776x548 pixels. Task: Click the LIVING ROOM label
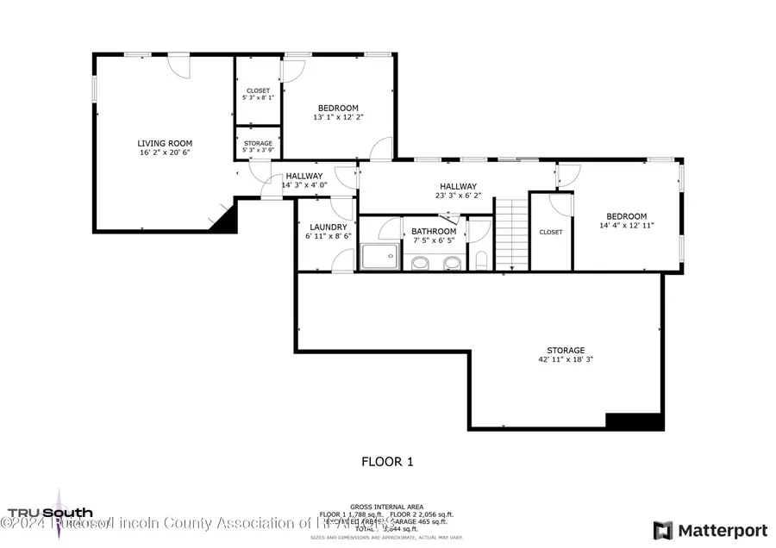pos(165,143)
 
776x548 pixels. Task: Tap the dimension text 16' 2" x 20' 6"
pos(165,153)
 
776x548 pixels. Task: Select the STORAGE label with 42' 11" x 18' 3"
pos(566,351)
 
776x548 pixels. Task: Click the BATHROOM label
pos(433,231)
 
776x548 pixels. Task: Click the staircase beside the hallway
pos(511,234)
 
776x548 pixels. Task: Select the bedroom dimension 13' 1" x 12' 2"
pos(338,117)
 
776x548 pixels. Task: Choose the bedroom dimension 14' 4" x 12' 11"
pos(626,226)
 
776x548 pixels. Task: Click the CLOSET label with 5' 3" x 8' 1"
pos(258,90)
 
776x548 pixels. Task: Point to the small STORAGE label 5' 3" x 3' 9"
pos(258,143)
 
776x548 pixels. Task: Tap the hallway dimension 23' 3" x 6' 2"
pos(458,196)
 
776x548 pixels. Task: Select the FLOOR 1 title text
pos(387,462)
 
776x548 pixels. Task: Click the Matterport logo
pos(710,529)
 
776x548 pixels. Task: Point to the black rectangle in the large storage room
pos(635,421)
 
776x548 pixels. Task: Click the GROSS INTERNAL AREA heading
pos(386,507)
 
